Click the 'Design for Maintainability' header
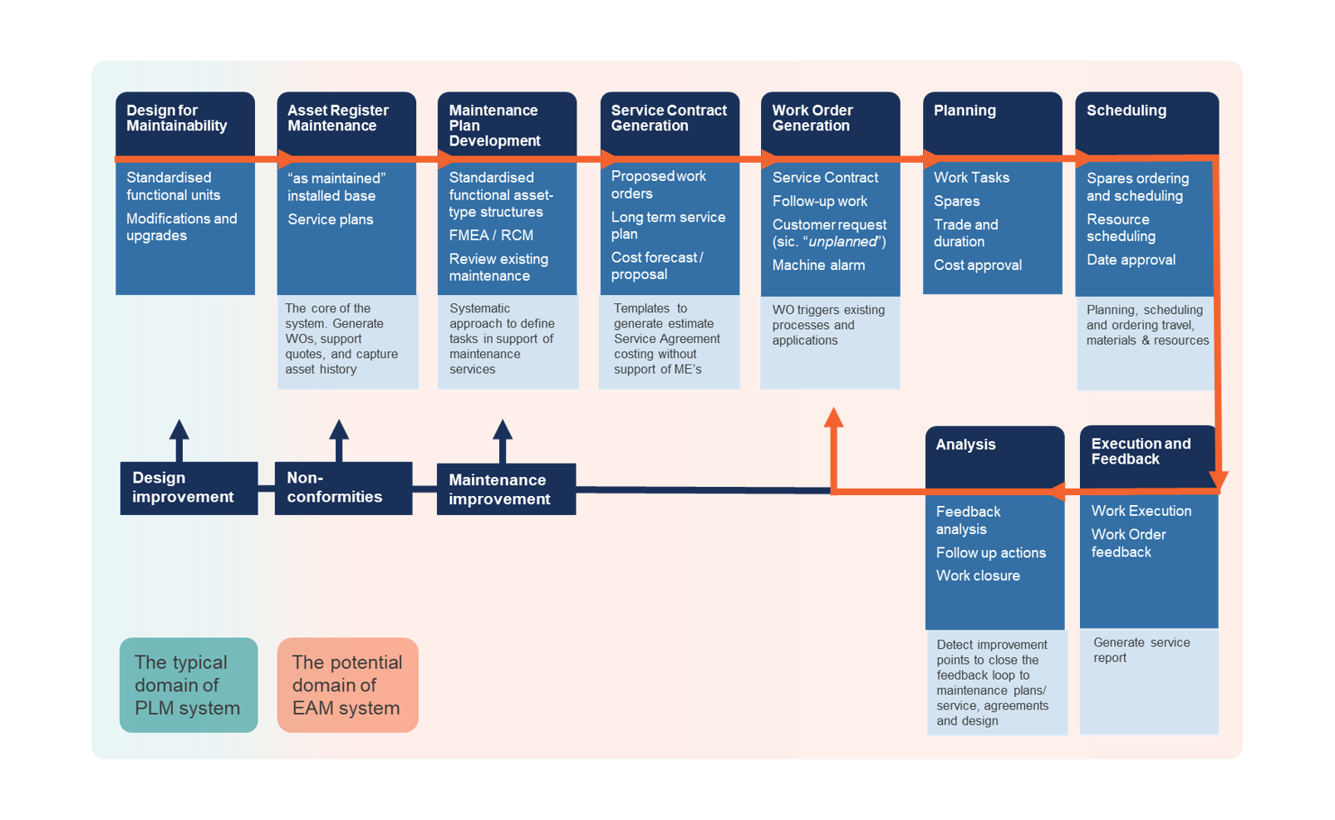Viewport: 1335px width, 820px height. pyautogui.click(x=177, y=118)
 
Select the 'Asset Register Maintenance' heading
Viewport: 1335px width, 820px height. pyautogui.click(x=337, y=118)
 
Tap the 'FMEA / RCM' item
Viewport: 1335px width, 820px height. pyautogui.click(x=491, y=235)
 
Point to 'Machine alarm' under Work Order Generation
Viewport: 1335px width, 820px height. pyautogui.click(x=818, y=265)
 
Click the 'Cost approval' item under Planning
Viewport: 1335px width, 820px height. pyautogui.click(x=978, y=265)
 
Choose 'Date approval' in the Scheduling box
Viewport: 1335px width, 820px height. pyautogui.click(x=1131, y=260)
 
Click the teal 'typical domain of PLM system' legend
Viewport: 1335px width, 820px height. pyautogui.click(x=189, y=685)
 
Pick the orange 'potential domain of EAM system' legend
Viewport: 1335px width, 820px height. pyautogui.click(x=347, y=685)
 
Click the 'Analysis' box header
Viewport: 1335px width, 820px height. pyautogui.click(x=965, y=444)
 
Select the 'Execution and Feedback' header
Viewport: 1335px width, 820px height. pyautogui.click(x=1141, y=451)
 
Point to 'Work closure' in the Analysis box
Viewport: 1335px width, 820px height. pyautogui.click(x=978, y=576)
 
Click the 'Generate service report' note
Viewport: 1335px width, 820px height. pyautogui.click(x=1141, y=650)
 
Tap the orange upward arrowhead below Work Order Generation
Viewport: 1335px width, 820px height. pyautogui.click(x=834, y=417)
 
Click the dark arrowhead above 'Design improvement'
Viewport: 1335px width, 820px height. pyautogui.click(x=179, y=429)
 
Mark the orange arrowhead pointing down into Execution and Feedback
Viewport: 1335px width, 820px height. pyautogui.click(x=1218, y=479)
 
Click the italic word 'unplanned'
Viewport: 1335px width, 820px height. pyautogui.click(x=843, y=242)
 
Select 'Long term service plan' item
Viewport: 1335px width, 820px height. pyautogui.click(x=668, y=225)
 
